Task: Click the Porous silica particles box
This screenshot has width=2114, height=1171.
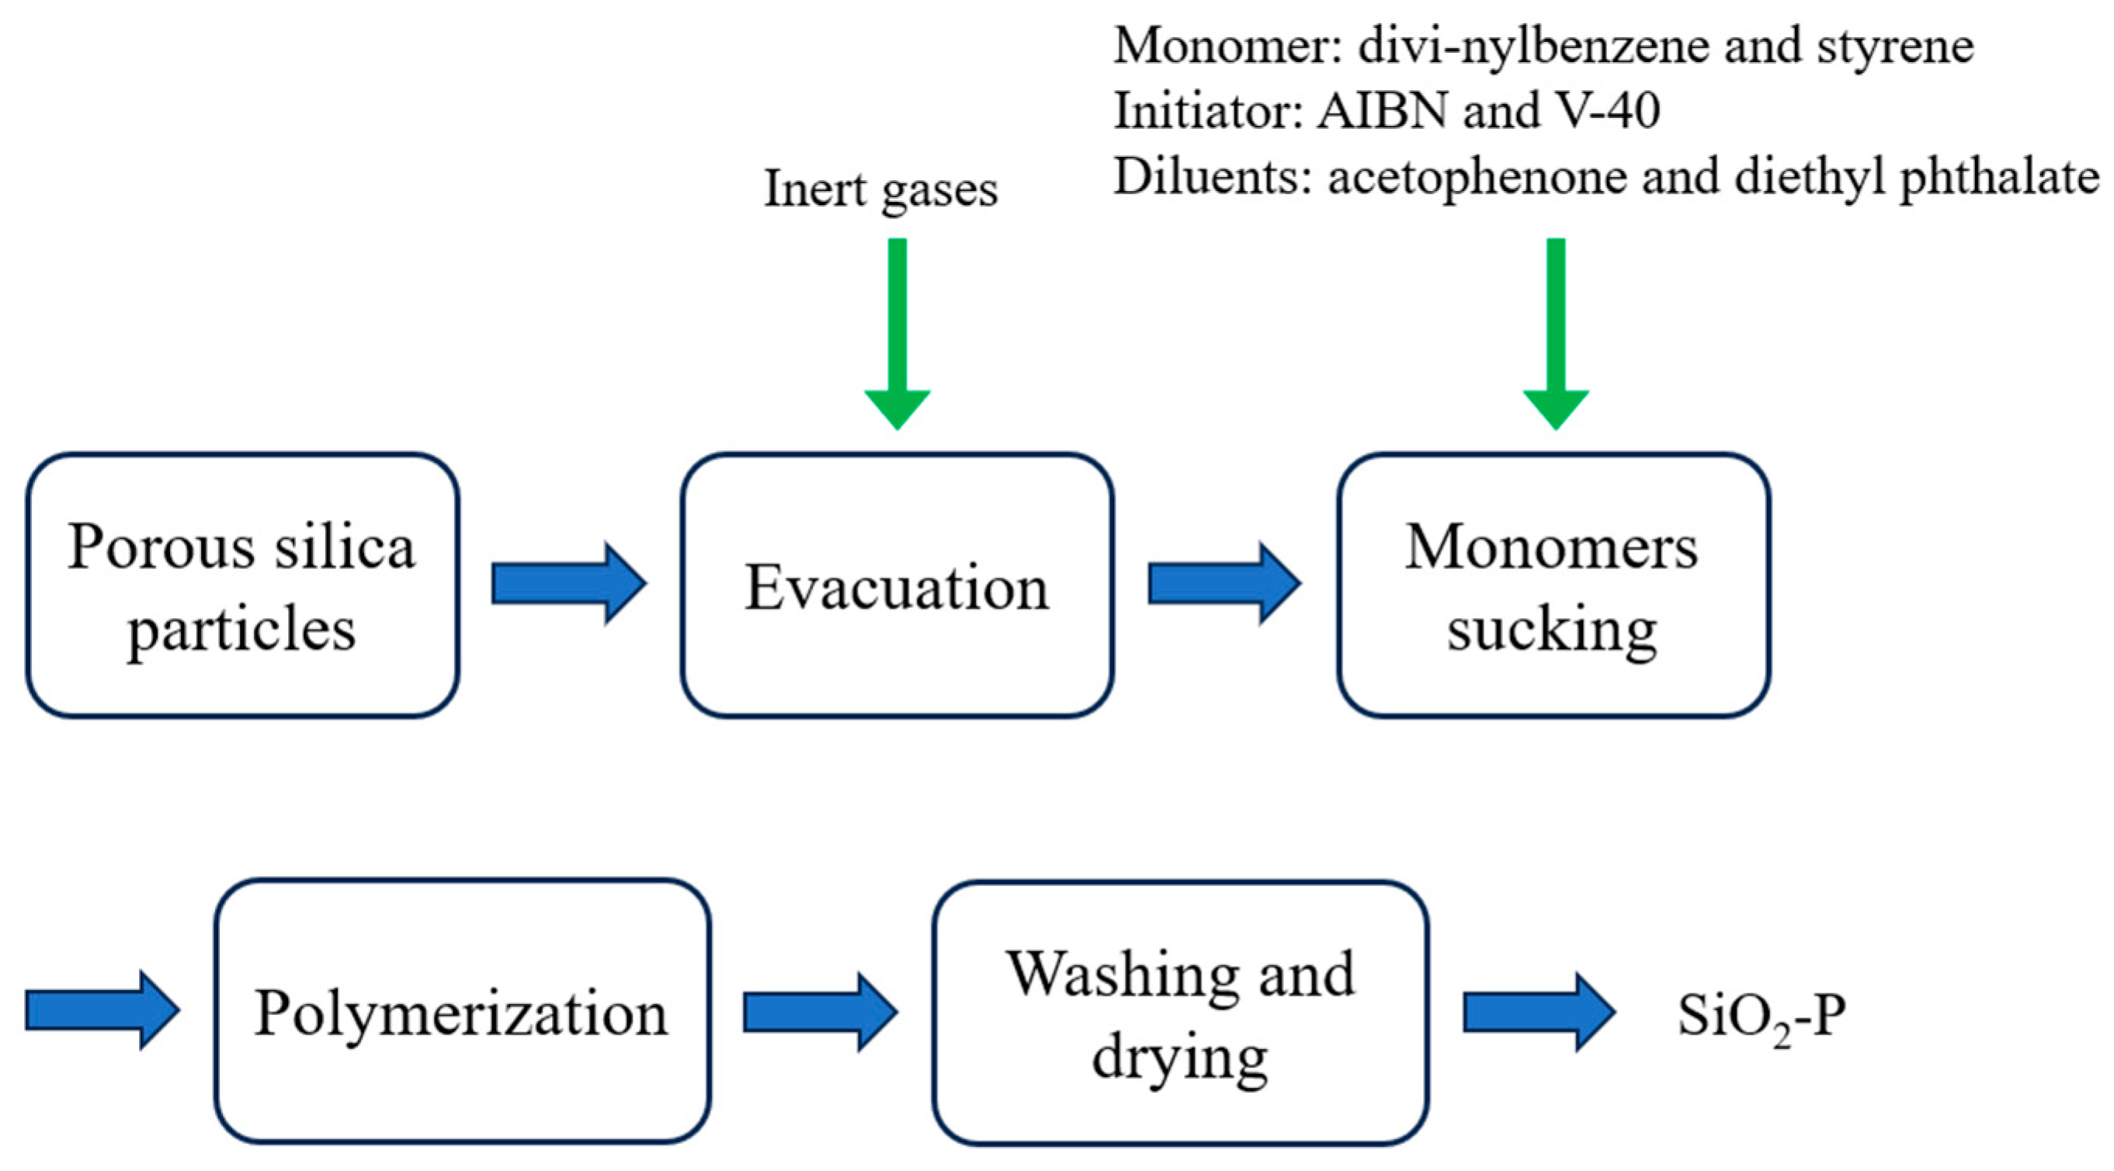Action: (x=242, y=585)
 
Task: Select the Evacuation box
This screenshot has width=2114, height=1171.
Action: (x=896, y=585)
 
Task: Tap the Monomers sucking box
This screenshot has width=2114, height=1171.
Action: (x=1553, y=585)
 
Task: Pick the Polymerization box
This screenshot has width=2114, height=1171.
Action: (x=462, y=1011)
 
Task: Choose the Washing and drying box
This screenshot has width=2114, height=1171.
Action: (x=1180, y=1013)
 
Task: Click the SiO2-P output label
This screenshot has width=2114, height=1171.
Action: (x=1761, y=1016)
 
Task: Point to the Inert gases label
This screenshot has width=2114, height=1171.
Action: (x=880, y=189)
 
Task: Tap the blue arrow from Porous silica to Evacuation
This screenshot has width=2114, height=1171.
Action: (x=569, y=583)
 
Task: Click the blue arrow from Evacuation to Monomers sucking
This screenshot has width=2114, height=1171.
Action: (x=1224, y=583)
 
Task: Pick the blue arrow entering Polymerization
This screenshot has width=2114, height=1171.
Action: (x=102, y=1010)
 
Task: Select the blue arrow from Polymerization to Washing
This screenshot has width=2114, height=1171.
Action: (x=820, y=1012)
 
